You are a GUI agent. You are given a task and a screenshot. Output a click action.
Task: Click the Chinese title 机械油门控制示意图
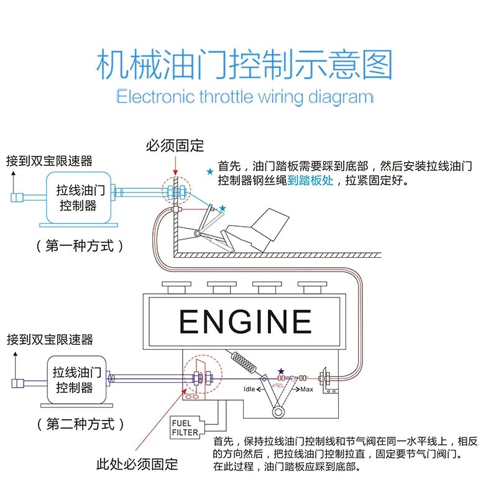point(245,65)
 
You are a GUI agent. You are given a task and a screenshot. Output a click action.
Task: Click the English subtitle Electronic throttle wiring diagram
point(245,97)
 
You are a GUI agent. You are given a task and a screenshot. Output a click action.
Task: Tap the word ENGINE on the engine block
point(245,322)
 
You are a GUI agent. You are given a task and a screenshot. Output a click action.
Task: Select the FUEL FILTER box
point(185,427)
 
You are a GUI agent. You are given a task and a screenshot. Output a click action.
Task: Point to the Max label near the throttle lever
point(306,390)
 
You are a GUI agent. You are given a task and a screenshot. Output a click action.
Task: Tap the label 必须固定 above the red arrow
point(175,146)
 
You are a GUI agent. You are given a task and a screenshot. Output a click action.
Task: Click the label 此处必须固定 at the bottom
point(137,463)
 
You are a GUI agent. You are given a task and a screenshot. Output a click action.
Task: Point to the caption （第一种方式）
point(81,245)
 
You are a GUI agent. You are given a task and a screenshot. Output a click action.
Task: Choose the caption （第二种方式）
point(81,424)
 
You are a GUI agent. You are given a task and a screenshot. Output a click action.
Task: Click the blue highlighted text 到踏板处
point(310,181)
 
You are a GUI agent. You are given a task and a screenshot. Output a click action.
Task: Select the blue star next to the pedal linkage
point(223,207)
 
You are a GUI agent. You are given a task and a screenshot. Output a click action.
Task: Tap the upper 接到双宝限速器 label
point(49,161)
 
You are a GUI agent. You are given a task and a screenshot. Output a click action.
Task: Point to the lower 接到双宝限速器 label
point(50,339)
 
